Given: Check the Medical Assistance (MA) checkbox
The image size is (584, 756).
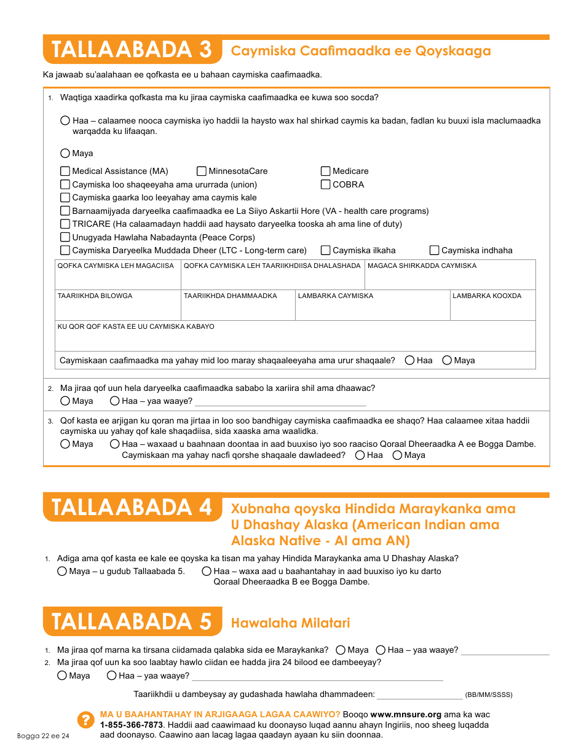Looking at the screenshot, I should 65,171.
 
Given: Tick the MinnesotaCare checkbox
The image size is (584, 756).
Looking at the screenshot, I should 202,171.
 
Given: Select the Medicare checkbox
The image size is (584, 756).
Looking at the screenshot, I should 326,171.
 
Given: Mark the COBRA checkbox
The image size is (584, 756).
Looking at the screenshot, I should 326,184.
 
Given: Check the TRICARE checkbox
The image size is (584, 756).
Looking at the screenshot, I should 65,224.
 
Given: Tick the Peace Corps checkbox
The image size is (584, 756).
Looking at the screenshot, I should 65,237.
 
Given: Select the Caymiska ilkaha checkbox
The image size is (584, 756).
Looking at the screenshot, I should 326,250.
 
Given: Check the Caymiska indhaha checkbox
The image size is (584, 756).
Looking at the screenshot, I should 435,250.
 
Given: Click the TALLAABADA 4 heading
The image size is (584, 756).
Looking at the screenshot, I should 132,508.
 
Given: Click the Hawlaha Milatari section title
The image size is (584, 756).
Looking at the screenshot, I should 290,623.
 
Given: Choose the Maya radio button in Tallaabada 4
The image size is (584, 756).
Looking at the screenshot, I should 62,572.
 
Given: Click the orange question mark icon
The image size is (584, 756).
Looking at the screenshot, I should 84,720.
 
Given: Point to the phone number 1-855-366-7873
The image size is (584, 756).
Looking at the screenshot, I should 126,725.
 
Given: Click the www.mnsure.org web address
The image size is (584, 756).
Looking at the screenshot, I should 406,715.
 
